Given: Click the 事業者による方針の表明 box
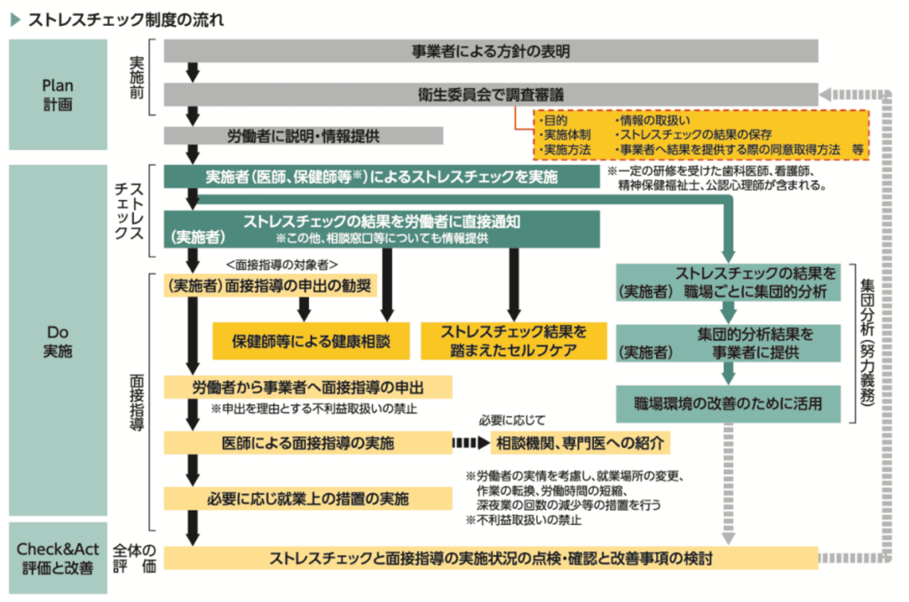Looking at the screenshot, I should coord(491,51).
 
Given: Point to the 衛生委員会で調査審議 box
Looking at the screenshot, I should coord(491,94).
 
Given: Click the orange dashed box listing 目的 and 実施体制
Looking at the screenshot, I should coord(700,135).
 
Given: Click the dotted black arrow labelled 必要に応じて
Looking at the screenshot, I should coord(470,442).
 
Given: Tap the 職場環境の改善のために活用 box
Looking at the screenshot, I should coord(728,403).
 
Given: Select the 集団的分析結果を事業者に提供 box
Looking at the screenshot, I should coord(728,343).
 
